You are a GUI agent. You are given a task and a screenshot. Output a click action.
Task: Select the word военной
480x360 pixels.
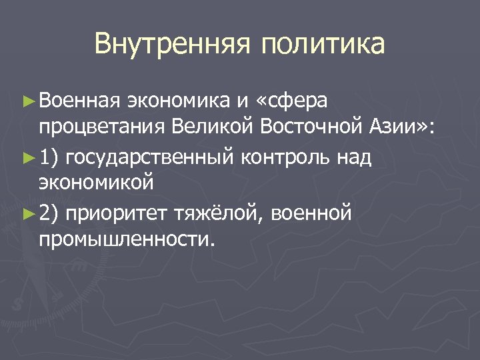[x=315, y=214]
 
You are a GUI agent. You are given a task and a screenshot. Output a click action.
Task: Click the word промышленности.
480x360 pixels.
[x=127, y=238]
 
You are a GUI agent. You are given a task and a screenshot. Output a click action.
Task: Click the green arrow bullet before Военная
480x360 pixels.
[x=27, y=101]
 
